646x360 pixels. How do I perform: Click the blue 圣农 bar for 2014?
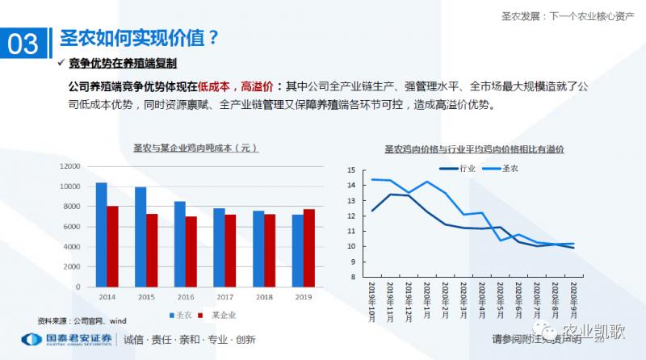coord(101,234)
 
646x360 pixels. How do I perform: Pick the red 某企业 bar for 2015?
coord(152,250)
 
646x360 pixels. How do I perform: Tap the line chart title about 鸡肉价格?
coord(474,149)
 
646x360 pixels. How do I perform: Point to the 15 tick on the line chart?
coord(350,170)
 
